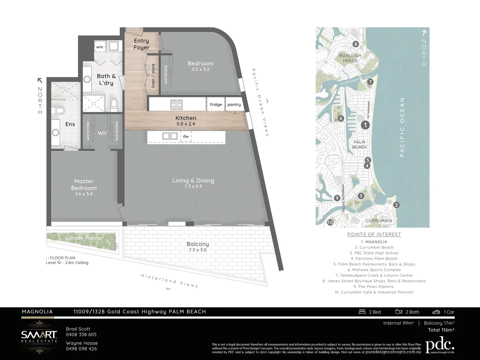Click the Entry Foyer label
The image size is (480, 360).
tap(141, 44)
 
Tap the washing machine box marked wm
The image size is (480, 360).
tap(100, 47)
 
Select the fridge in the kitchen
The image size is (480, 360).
tap(216, 104)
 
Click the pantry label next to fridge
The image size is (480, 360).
tap(234, 104)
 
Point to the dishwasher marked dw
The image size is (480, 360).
tap(186, 136)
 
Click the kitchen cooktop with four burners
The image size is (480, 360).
tap(176, 105)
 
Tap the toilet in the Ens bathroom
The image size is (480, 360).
tap(59, 110)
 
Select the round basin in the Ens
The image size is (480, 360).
tap(55, 133)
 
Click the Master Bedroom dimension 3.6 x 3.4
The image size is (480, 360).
tap(84, 194)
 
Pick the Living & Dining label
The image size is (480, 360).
tap(193, 180)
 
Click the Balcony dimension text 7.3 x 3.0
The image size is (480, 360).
tap(198, 250)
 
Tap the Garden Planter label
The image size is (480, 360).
tap(84, 238)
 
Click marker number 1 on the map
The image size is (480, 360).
tap(365, 125)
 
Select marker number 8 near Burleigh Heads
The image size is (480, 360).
tap(356, 44)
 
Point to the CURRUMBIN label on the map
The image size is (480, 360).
tap(379, 221)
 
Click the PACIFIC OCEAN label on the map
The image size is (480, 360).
tap(402, 127)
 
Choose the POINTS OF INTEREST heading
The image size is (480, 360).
tap(374, 234)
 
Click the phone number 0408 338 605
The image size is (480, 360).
tap(81, 335)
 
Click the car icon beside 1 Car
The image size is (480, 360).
tap(436, 312)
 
